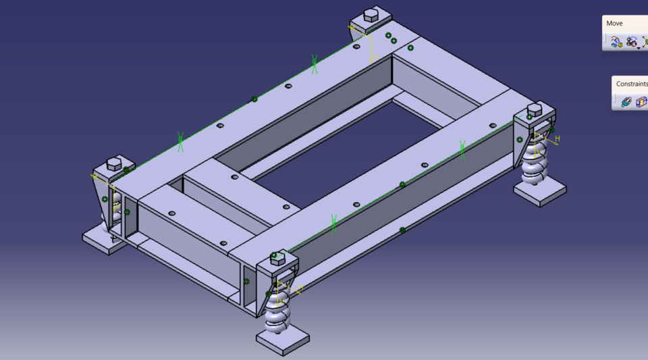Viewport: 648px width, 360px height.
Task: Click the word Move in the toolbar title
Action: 614,24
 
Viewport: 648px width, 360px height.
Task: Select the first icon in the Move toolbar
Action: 616,42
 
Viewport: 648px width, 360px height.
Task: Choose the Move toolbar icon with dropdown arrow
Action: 632,42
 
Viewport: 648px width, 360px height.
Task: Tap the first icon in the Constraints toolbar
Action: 626,102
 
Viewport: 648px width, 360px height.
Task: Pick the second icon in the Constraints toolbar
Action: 641,102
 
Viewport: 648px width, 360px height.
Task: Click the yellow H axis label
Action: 558,139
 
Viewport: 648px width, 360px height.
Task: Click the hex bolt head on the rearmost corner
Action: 371,14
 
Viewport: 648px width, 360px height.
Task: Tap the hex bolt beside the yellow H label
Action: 534,109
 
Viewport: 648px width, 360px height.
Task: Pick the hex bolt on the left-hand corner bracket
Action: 113,164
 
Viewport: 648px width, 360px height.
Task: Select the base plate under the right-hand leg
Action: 540,191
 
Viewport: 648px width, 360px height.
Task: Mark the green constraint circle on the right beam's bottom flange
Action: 402,230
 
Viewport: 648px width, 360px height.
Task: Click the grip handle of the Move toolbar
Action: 605,42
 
